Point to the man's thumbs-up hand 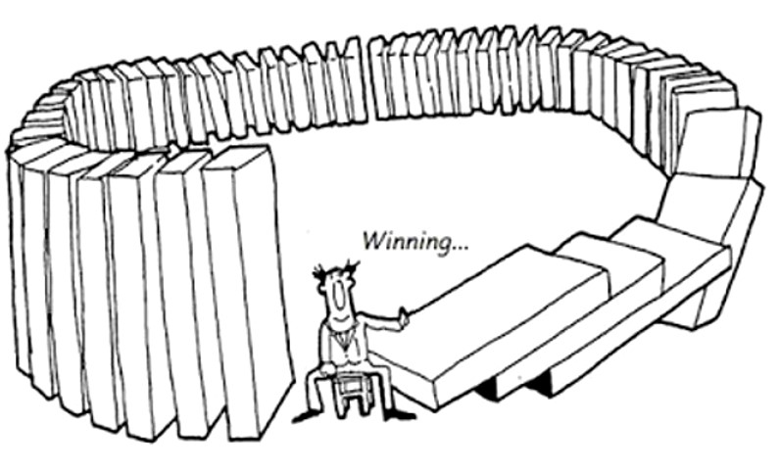[x=401, y=314]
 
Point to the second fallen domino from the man [x=608, y=269]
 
